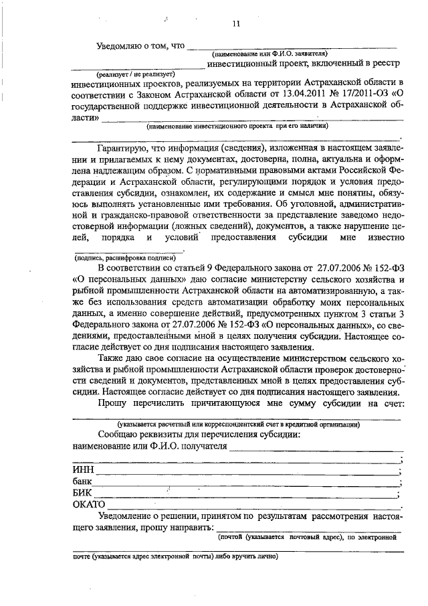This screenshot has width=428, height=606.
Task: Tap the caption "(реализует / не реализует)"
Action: point(135,74)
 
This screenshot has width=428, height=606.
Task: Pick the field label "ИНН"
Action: point(82,470)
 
